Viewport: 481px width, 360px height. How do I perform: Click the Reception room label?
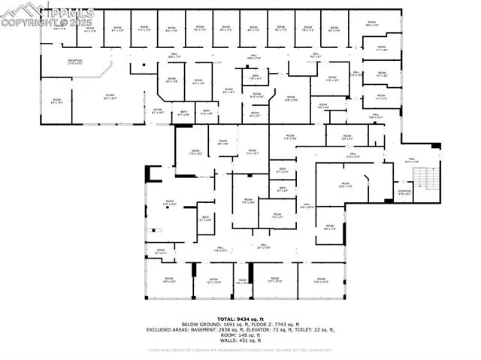tap(74, 62)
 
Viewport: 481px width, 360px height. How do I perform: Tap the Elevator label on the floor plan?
tap(404, 192)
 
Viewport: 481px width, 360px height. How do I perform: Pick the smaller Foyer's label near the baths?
tap(158, 110)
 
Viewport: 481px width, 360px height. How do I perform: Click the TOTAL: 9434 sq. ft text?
tap(240, 319)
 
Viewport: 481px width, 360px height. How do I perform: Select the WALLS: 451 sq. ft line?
tap(240, 340)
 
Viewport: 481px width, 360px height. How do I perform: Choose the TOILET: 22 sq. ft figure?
tap(304, 330)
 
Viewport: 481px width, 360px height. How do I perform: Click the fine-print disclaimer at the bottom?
tap(240, 349)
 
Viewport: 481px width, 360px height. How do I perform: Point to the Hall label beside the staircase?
tap(411, 159)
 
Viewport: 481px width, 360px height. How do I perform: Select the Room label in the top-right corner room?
tap(371, 23)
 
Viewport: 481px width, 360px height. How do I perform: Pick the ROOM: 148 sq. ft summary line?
tap(240, 335)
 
